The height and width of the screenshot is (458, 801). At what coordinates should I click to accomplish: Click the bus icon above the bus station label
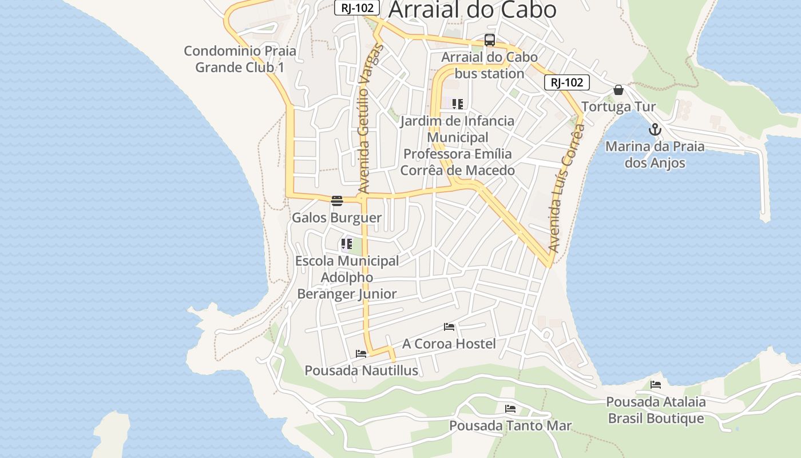(490, 40)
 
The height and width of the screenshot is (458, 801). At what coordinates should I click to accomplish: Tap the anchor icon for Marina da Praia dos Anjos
(655, 129)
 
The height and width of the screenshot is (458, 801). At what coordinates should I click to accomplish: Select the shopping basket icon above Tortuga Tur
(618, 90)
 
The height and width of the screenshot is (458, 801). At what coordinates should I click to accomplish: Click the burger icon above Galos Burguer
(336, 200)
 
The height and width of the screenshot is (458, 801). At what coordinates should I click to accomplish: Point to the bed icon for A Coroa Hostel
(449, 327)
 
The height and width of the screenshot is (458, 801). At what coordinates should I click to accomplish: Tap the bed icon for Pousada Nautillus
(360, 354)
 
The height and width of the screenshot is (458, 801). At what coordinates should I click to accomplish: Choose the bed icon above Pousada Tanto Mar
(510, 409)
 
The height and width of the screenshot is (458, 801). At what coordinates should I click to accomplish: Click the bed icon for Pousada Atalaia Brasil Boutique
(656, 385)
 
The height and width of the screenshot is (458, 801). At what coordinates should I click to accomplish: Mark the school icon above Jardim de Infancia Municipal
(457, 104)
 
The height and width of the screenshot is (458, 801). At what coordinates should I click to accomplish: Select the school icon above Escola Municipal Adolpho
(346, 244)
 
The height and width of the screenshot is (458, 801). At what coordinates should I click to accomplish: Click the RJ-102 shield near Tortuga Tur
(566, 82)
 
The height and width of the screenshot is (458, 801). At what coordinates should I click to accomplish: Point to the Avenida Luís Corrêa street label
(564, 189)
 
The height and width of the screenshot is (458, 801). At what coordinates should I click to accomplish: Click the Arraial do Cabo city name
(472, 9)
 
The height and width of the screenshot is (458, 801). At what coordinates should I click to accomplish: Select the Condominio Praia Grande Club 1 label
(240, 59)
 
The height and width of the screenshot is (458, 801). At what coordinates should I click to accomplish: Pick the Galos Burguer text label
(336, 218)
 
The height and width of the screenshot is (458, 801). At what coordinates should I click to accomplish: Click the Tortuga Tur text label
(618, 107)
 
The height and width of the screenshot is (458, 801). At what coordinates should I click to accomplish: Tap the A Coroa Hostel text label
(449, 343)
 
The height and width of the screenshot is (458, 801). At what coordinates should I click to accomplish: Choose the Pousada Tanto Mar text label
(510, 425)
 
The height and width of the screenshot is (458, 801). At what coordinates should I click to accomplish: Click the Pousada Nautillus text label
(361, 370)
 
